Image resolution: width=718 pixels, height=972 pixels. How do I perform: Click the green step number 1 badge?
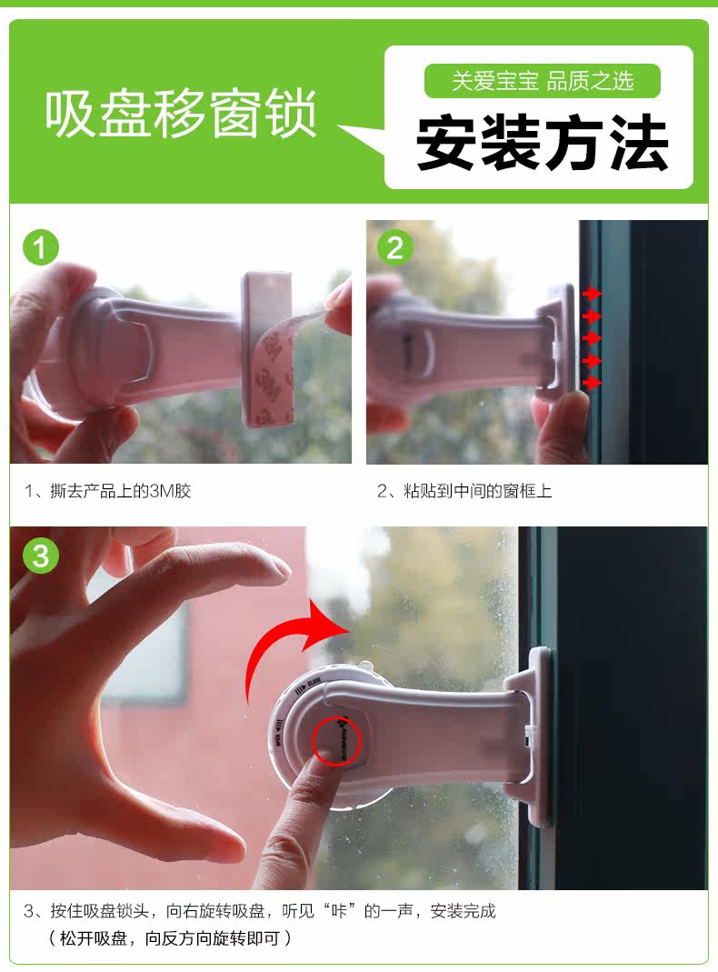coord(40,247)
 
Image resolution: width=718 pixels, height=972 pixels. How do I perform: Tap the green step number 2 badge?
coord(394,247)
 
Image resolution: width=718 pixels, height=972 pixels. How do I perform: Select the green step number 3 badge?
coord(40,555)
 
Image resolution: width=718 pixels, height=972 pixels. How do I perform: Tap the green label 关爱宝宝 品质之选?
coord(543,82)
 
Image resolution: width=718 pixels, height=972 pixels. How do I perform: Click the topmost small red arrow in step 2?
coord(592,294)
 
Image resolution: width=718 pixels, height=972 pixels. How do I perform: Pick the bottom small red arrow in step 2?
coord(592,384)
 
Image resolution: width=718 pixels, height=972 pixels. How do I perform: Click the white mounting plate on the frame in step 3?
coord(539,737)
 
